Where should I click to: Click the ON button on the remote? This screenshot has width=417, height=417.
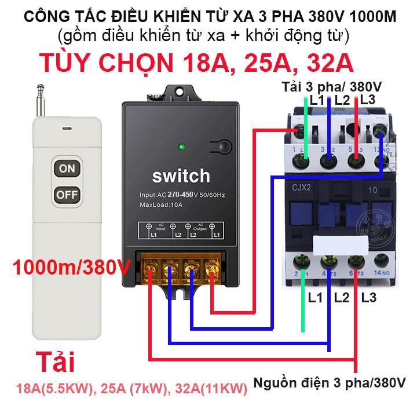[67, 169]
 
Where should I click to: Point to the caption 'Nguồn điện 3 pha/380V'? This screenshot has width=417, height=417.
[328, 383]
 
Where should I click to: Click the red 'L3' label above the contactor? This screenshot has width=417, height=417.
[368, 100]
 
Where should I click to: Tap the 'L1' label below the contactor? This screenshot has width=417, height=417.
[316, 298]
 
